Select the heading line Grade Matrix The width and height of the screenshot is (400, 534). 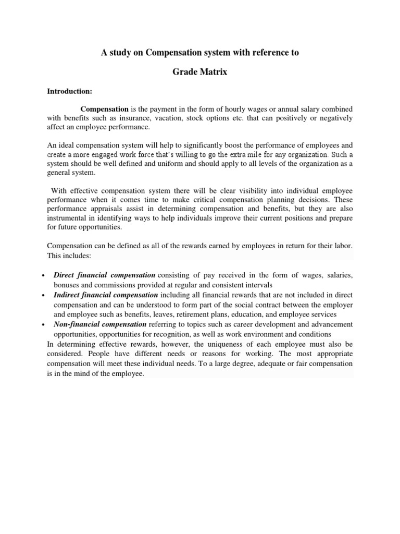(200, 72)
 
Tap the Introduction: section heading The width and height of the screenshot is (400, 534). (69, 91)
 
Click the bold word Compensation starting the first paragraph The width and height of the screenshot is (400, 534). (105, 109)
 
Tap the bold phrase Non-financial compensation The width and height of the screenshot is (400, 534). (100, 324)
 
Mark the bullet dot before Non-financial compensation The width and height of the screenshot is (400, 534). (41, 325)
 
